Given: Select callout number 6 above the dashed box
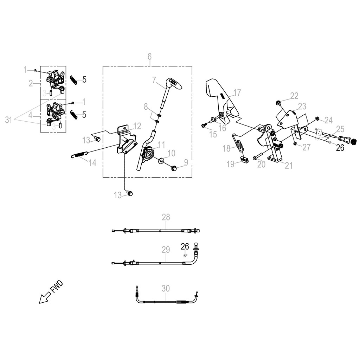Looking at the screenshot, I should coord(149,57).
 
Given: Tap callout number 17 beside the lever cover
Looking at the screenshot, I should coord(237,93).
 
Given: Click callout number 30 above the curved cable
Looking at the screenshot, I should coord(166,288).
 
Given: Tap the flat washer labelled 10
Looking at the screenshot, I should coord(161,161).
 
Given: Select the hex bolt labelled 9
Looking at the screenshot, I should coord(174,168).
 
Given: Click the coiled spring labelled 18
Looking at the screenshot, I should coord(239,143).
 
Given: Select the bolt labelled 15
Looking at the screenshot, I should coord(204,125).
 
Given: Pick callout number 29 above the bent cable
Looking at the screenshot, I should coord(166,250).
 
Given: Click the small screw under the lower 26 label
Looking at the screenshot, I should coord(185,256).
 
